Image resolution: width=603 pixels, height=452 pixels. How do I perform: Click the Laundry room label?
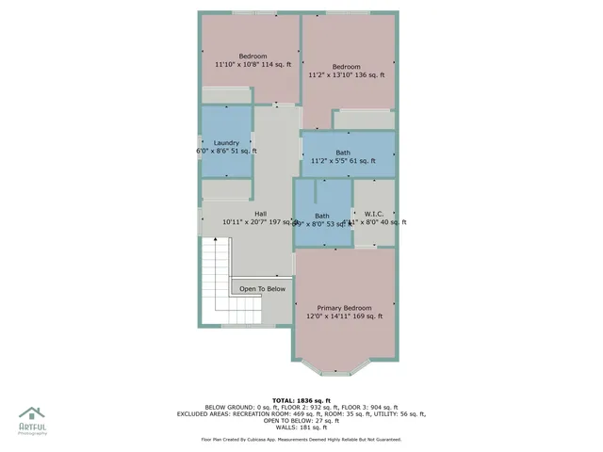tap(226, 143)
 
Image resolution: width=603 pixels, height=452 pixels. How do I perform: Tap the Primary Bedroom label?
tap(344, 308)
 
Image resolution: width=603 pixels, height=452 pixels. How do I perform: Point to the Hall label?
tap(260, 213)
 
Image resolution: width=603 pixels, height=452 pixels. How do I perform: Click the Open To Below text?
tap(262, 289)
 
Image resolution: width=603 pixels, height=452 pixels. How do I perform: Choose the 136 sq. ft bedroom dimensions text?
tap(346, 75)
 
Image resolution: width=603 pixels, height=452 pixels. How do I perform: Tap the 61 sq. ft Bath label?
tap(343, 153)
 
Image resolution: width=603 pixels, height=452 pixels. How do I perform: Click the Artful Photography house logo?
tap(32, 413)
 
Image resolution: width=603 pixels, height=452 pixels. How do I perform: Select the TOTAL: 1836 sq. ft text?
tap(302, 400)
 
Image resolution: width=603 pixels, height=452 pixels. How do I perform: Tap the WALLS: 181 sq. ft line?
tap(302, 429)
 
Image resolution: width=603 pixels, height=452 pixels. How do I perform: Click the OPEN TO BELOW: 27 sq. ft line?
tap(302, 422)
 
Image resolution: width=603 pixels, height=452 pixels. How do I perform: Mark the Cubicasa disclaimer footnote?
tap(301, 440)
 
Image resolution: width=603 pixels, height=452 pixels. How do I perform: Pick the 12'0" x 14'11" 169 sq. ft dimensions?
tap(344, 316)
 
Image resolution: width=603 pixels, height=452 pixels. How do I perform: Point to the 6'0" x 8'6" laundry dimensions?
tap(226, 151)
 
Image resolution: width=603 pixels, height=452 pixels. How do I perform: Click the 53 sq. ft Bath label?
tap(322, 215)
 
